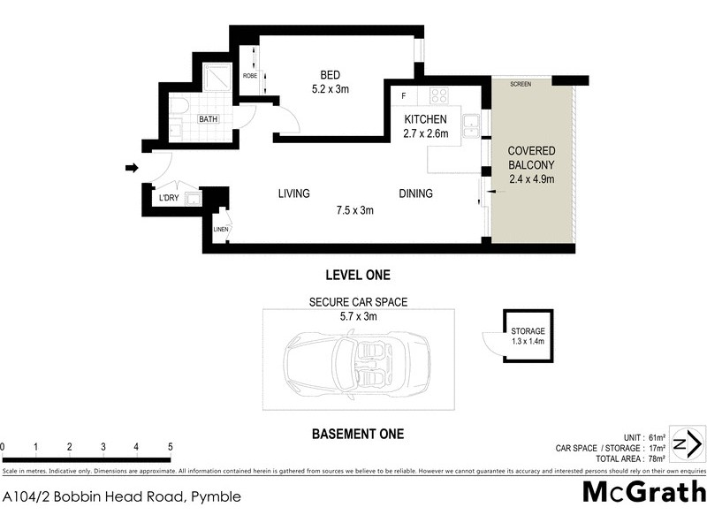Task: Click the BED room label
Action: click(x=331, y=74)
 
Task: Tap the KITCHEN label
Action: click(x=426, y=119)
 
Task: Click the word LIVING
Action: click(x=293, y=193)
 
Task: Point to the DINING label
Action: click(x=415, y=193)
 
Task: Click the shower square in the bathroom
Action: click(x=215, y=79)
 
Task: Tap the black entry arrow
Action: click(x=132, y=168)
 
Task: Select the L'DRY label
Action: click(x=168, y=199)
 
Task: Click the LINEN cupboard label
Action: click(x=221, y=231)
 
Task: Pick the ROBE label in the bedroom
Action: click(x=250, y=75)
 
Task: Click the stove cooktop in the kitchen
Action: click(x=438, y=95)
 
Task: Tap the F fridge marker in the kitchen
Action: click(x=404, y=95)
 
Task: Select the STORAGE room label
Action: click(x=528, y=331)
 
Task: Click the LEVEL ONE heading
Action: click(x=358, y=275)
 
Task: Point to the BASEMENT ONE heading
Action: click(x=358, y=434)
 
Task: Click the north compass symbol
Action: click(x=688, y=443)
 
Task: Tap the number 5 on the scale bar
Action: click(x=170, y=447)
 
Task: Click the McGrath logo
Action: click(x=644, y=492)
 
